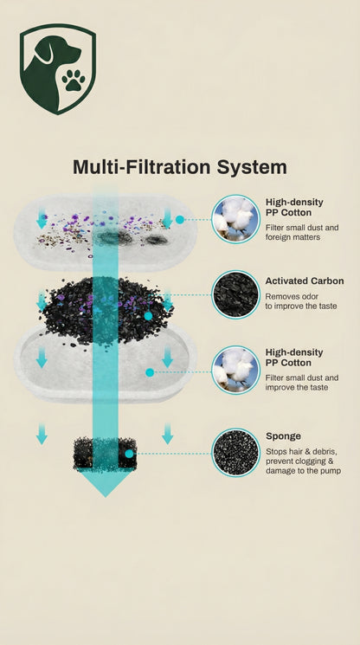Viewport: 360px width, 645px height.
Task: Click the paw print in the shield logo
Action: [74, 80]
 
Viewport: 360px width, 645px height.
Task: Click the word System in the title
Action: [252, 167]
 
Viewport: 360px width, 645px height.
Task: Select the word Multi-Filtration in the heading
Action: [142, 167]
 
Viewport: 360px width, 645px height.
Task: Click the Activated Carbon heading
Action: [305, 281]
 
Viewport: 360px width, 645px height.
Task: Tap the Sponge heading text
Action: [283, 436]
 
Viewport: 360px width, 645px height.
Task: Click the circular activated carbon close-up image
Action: [235, 294]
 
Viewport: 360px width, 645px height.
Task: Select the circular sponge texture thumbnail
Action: [236, 453]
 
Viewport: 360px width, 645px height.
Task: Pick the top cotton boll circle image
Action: [235, 219]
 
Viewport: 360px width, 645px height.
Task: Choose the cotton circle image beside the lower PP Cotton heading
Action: [235, 370]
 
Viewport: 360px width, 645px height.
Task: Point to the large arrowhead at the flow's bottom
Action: [106, 482]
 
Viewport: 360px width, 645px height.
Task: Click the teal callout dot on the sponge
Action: [129, 454]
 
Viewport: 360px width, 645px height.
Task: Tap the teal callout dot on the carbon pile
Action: [148, 316]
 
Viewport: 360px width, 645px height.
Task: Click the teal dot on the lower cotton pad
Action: [150, 372]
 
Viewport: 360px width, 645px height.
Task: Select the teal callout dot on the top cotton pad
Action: [180, 220]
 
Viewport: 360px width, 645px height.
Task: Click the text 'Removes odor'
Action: [292, 296]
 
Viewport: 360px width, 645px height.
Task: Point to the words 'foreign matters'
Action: [292, 237]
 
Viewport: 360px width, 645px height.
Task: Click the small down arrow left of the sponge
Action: [42, 434]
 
